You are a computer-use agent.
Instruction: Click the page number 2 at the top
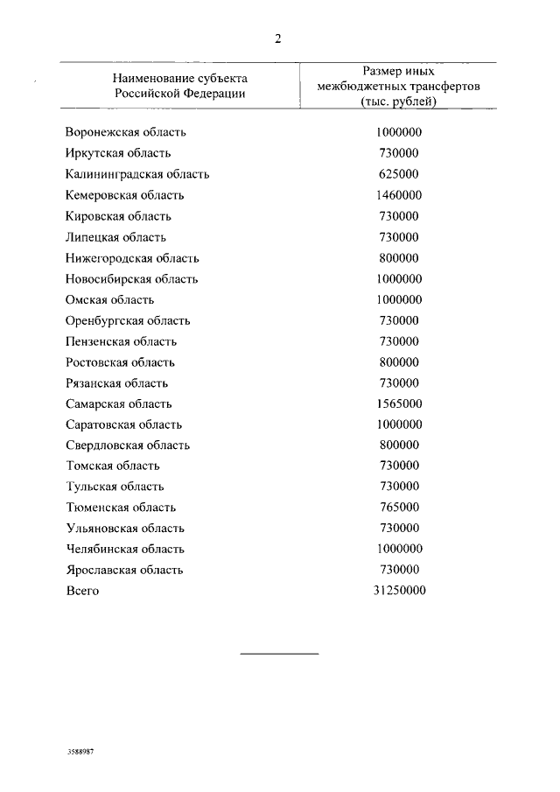point(278,38)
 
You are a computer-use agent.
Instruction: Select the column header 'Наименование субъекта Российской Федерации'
point(180,85)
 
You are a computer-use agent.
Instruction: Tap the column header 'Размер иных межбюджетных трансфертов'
point(398,86)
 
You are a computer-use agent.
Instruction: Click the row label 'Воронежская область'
point(126,133)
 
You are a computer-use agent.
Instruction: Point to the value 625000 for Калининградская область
point(398,174)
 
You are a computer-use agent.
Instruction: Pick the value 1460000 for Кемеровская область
point(398,195)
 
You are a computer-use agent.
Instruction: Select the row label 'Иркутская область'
point(118,153)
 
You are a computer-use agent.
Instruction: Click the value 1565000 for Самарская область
point(398,403)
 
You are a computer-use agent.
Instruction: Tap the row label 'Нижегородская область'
point(132,258)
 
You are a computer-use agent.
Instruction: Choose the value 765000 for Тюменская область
point(398,508)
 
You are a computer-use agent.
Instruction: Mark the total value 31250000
point(398,591)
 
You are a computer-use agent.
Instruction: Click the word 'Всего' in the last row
point(83,591)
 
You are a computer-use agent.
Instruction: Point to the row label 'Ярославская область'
point(124,570)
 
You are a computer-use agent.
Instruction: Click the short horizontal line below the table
point(279,654)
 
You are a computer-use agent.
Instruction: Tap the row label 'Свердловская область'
point(128,445)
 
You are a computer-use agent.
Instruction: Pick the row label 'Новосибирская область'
point(132,279)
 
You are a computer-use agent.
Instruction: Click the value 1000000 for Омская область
point(398,299)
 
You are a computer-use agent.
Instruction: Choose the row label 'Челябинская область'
point(125,550)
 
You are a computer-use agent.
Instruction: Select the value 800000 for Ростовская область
point(398,362)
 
